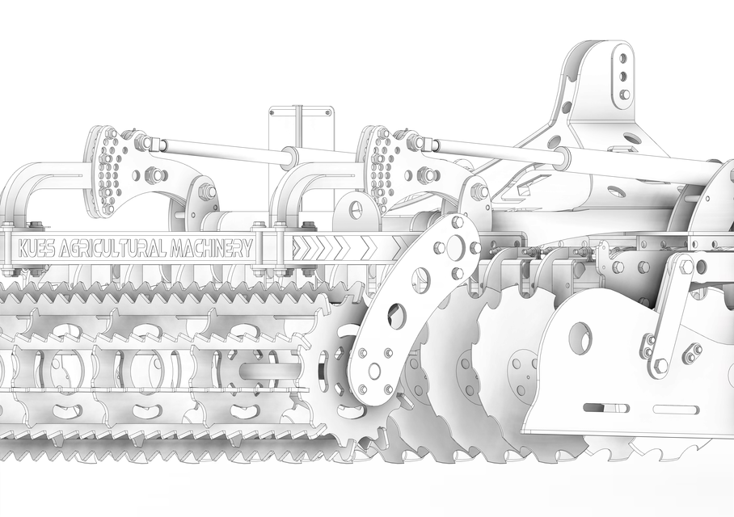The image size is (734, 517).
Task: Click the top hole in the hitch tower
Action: click(622, 58)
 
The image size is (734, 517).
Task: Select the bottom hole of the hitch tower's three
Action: click(624, 95)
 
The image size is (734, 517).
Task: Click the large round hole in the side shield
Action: click(580, 338)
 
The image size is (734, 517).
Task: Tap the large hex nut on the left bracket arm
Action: click(207, 192)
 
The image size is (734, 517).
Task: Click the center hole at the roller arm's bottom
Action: click(374, 372)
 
